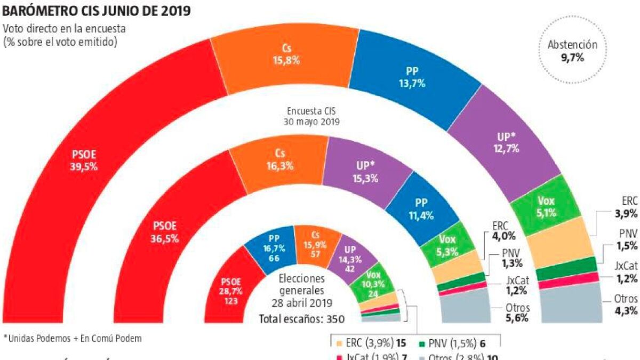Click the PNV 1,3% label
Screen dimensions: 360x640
coord(515,257)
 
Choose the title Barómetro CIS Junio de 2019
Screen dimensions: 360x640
coord(97,11)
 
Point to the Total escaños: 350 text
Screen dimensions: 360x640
coord(301,319)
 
